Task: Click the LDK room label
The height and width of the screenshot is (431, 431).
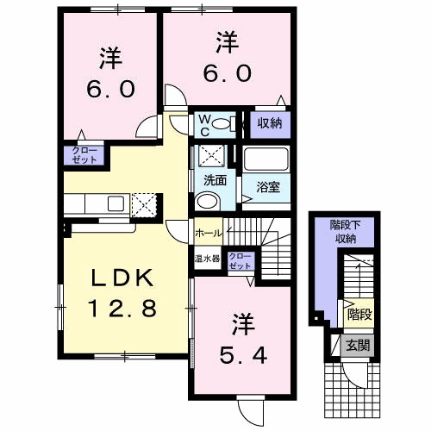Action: pyautogui.click(x=122, y=278)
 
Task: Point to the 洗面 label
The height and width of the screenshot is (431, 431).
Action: pyautogui.click(x=215, y=181)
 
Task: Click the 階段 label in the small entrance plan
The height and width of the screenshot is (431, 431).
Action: pyautogui.click(x=360, y=315)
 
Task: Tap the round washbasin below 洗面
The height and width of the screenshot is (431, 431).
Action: pyautogui.click(x=208, y=202)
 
